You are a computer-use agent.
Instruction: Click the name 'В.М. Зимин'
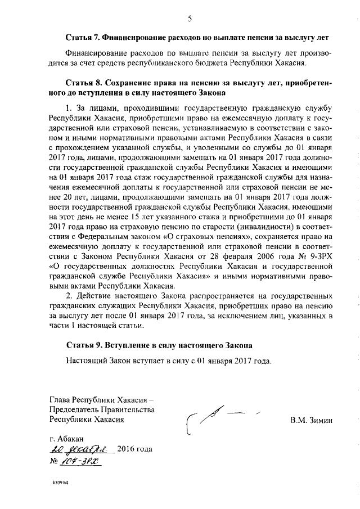point(312,420)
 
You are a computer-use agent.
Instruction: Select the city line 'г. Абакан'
point(66,438)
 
